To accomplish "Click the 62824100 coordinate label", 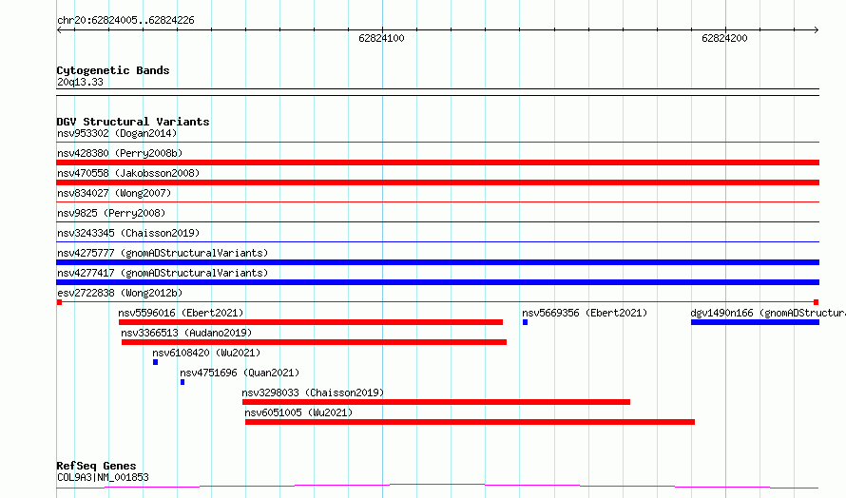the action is (x=381, y=38).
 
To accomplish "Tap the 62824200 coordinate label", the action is (x=724, y=38).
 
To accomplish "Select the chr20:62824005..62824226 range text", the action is (x=125, y=21).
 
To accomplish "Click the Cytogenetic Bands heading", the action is (x=113, y=70).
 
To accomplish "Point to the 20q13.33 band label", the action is (x=80, y=82).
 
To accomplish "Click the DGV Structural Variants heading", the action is (x=133, y=122).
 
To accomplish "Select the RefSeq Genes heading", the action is (x=96, y=466).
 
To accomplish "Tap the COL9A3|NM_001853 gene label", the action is (x=103, y=477).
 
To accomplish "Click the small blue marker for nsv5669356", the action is (x=525, y=322).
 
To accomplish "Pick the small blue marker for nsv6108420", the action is (x=155, y=362).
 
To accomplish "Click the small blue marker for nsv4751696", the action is (x=183, y=382).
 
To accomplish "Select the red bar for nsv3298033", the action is (x=436, y=402).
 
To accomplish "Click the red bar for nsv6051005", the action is (x=470, y=422).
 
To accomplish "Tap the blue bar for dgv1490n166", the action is (x=755, y=322).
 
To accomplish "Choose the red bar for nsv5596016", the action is (x=311, y=322).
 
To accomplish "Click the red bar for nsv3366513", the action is (x=314, y=342).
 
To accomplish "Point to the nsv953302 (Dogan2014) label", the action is (x=117, y=133).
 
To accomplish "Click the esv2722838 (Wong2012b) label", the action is (x=120, y=293).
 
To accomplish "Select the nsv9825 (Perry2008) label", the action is (x=111, y=213).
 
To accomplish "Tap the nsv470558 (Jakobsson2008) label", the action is (x=128, y=173).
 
